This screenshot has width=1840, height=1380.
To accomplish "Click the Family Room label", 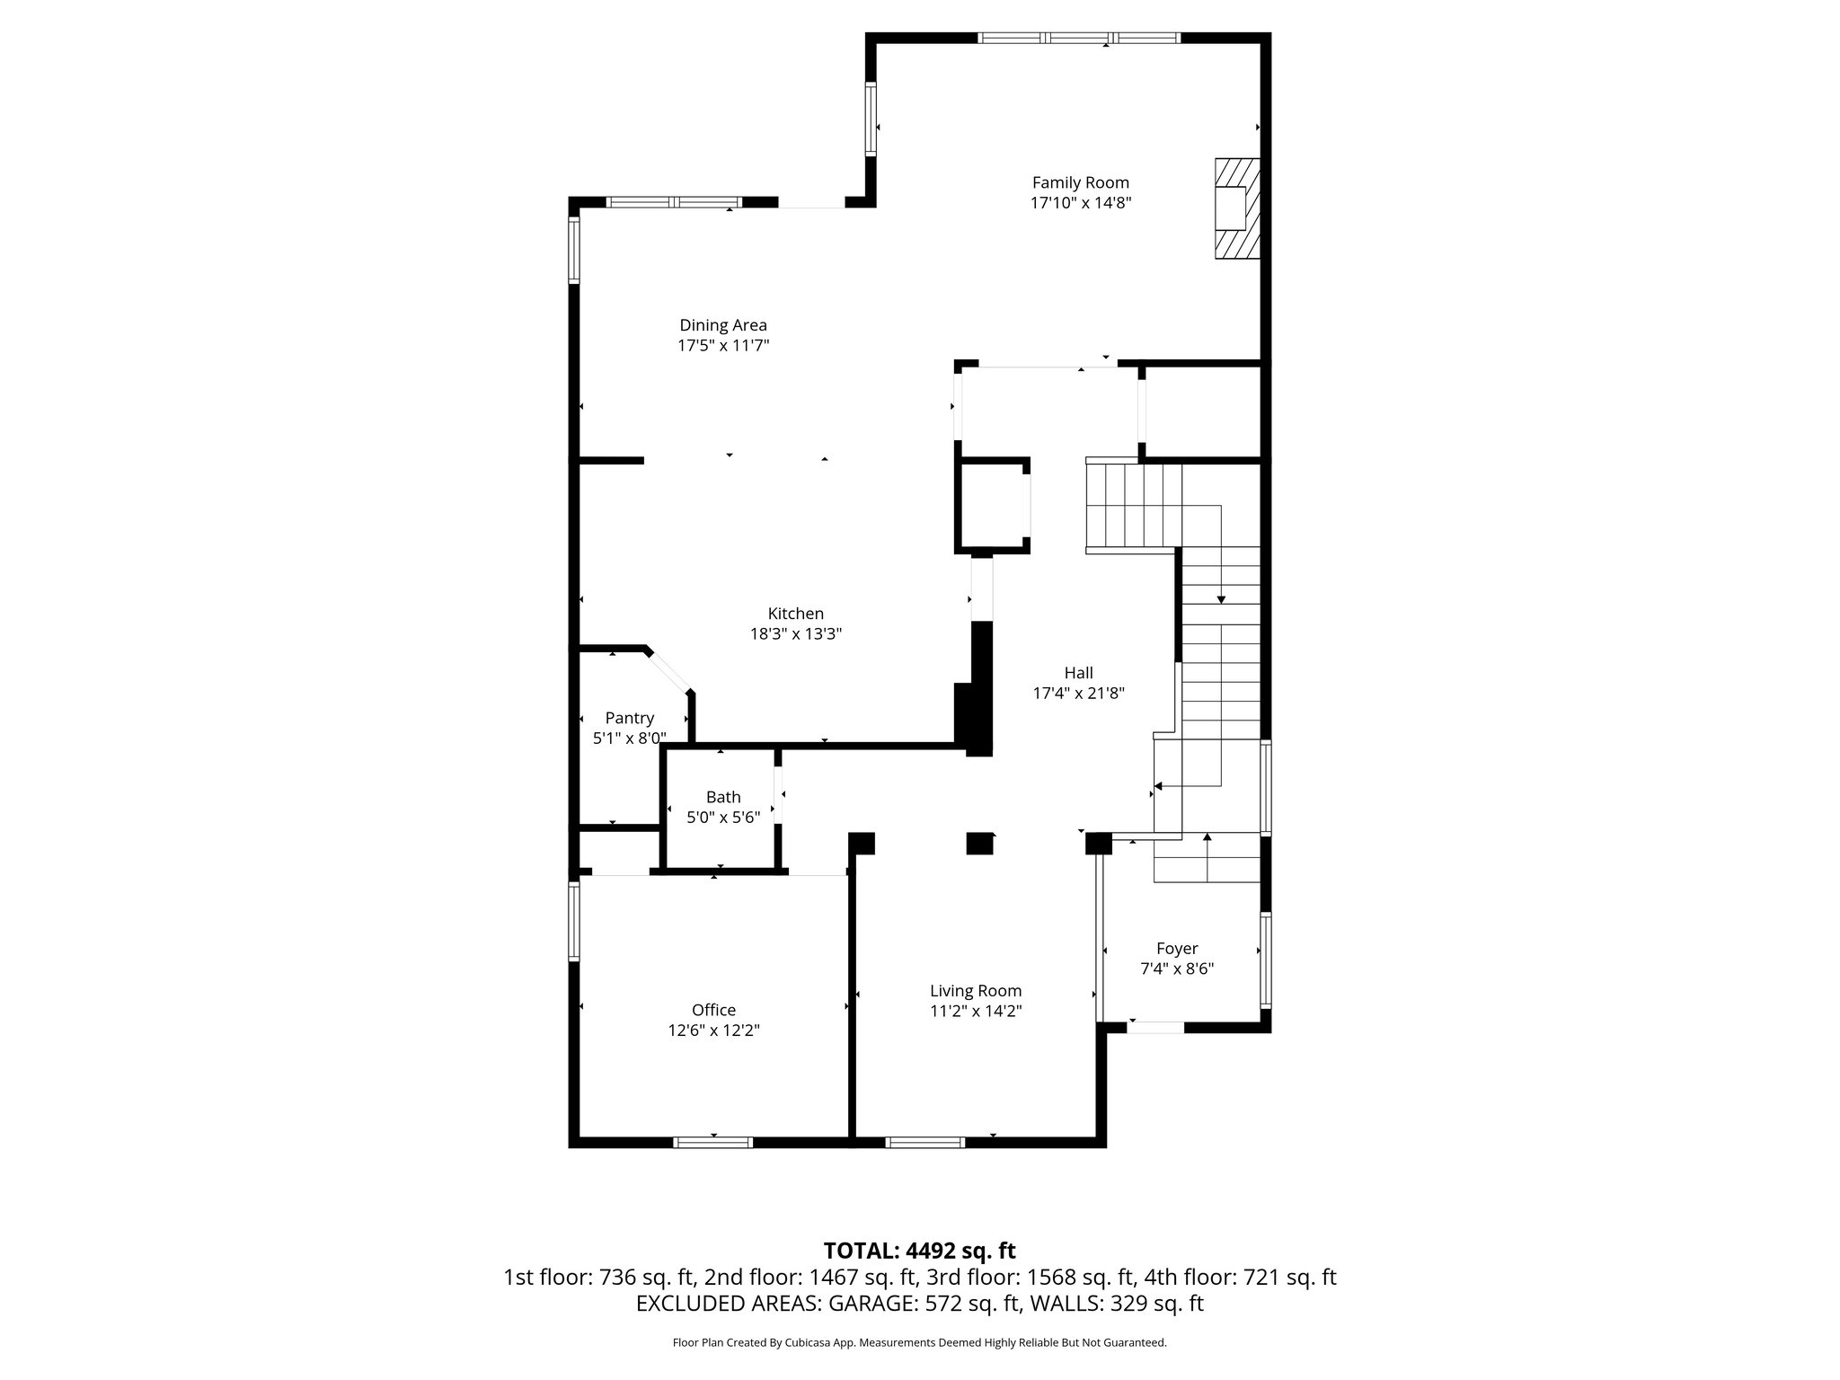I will pyautogui.click(x=1080, y=182).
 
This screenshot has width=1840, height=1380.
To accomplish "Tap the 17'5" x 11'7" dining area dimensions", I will pyautogui.click(x=723, y=345).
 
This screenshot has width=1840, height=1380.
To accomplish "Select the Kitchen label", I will pyautogui.click(x=795, y=614).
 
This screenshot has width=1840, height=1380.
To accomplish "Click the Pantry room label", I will pyautogui.click(x=629, y=718).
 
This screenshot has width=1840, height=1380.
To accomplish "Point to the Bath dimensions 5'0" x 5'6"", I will pyautogui.click(x=723, y=818).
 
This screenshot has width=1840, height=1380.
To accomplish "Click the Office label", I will pyautogui.click(x=713, y=1010).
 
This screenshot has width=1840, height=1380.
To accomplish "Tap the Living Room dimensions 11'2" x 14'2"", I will pyautogui.click(x=976, y=1011).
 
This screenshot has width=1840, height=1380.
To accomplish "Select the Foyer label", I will pyautogui.click(x=1176, y=949).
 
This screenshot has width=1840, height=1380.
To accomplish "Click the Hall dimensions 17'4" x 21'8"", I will pyautogui.click(x=1078, y=693).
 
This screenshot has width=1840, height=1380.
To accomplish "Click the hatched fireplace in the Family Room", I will pyautogui.click(x=1237, y=209).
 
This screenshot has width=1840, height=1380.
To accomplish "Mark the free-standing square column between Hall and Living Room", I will pyautogui.click(x=979, y=844).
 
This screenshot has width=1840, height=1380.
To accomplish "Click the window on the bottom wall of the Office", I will pyautogui.click(x=713, y=1142).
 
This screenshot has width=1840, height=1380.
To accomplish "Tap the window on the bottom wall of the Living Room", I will pyautogui.click(x=924, y=1142).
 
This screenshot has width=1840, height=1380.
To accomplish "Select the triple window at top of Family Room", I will pyautogui.click(x=1078, y=38).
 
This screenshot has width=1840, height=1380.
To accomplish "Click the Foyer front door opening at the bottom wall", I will pyautogui.click(x=1155, y=1027).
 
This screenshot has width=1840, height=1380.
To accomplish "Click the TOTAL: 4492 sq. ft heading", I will pyautogui.click(x=919, y=1251).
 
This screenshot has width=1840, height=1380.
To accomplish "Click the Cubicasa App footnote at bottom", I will pyautogui.click(x=919, y=1343).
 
